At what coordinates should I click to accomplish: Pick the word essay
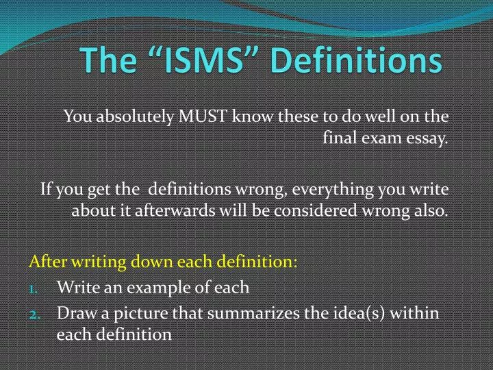click(429, 139)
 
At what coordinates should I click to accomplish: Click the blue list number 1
click(34, 288)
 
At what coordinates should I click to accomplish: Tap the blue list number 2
click(34, 313)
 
